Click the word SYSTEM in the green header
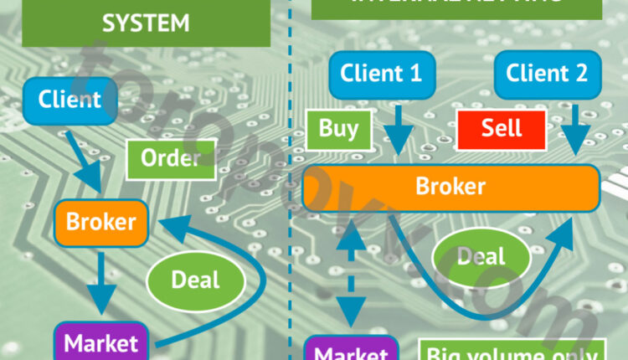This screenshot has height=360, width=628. point(146,22)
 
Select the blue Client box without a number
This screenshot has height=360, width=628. point(69,100)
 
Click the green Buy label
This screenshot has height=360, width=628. point(337,128)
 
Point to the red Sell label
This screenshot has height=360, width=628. point(501,128)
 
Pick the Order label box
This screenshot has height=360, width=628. point(170,157)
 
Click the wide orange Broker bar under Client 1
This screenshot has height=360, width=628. point(450,187)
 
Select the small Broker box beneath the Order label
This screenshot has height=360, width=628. point(101,222)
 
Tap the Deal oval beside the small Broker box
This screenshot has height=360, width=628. point(194,279)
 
